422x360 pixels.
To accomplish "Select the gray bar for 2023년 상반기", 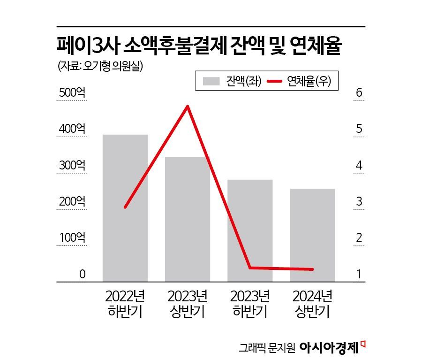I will (x=187, y=219).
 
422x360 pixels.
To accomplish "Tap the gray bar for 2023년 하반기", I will (x=250, y=230).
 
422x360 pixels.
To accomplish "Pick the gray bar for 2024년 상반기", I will (x=312, y=235).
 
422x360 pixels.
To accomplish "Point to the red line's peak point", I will (x=188, y=106).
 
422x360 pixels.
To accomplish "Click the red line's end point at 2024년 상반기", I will (x=312, y=269).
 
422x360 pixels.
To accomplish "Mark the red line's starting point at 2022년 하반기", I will (x=125, y=207).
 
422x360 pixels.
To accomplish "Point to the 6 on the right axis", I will (x=359, y=93).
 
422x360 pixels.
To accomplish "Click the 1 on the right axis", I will (x=359, y=274).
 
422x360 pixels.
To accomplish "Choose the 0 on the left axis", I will (x=82, y=274).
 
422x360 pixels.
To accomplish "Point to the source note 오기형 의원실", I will (x=113, y=66).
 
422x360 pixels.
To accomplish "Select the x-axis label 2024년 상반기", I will (x=312, y=304).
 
